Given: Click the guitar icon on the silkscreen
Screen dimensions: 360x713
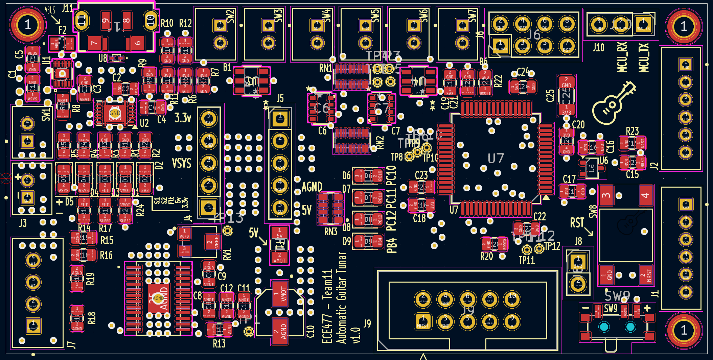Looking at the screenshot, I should (613, 104).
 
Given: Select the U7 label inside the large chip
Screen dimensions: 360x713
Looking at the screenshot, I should (496, 158).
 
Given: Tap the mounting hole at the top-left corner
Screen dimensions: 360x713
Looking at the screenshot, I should (28, 25).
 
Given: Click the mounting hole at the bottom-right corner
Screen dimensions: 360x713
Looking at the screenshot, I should (684, 330).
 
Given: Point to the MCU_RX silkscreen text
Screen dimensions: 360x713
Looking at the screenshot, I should (622, 57).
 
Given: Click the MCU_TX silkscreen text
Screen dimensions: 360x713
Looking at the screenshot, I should (644, 57).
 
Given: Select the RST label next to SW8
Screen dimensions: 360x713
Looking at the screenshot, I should (577, 223).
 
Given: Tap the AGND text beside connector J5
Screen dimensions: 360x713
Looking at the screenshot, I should (312, 187).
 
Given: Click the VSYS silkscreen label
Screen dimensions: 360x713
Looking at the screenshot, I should (182, 163).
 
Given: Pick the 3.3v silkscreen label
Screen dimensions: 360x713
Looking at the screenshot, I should (183, 118).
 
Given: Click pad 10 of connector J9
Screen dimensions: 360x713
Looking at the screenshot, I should (512, 299).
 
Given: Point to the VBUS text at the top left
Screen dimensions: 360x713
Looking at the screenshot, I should (50, 10).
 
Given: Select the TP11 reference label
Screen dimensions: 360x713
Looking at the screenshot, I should (527, 260).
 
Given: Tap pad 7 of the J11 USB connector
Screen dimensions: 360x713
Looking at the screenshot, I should (94, 43).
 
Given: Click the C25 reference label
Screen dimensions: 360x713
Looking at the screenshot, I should (550, 96).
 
